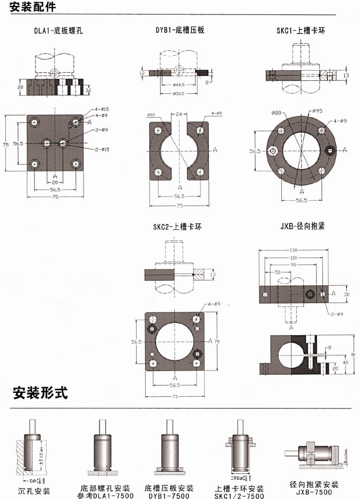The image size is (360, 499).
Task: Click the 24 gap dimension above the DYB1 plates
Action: [x=179, y=114]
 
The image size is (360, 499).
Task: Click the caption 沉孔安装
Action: [x=34, y=491]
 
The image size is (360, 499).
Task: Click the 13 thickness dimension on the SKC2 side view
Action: [x=213, y=275]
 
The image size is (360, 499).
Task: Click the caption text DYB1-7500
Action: [x=169, y=496]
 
